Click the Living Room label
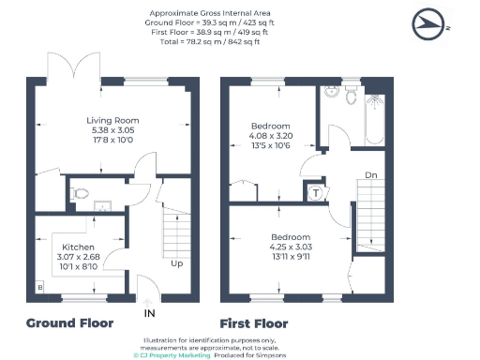[113, 120]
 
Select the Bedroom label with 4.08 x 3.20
[270, 126]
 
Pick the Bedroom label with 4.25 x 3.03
[291, 236]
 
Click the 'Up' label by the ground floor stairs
[176, 263]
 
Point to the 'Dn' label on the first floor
[370, 174]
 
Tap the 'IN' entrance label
[147, 312]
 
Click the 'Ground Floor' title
[70, 323]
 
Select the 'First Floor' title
[254, 323]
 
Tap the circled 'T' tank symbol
[316, 193]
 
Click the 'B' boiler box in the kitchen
[39, 286]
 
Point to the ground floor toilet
[82, 194]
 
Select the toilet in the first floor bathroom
[351, 96]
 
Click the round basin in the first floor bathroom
[330, 94]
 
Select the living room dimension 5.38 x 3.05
[113, 130]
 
